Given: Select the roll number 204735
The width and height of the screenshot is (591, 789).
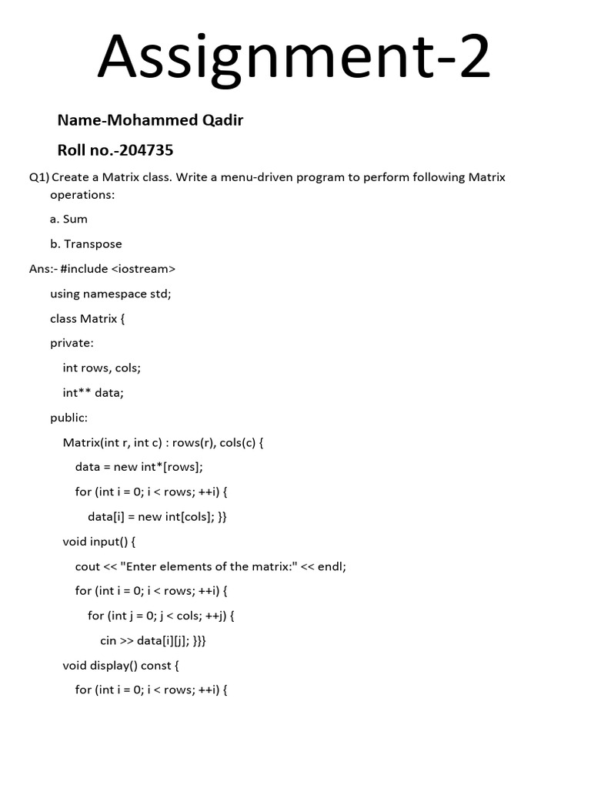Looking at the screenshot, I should [x=146, y=149].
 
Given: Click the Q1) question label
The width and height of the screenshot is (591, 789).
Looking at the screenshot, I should [x=38, y=177].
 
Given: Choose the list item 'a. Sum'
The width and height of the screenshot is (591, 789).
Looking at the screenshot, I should [x=68, y=219].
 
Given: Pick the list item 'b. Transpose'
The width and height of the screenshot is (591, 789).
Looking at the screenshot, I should [x=85, y=244].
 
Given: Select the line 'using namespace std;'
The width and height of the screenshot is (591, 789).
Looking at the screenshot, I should [x=111, y=294].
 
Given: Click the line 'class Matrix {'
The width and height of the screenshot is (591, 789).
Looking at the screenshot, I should [x=87, y=318].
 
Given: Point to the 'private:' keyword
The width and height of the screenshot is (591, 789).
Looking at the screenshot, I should [x=72, y=343].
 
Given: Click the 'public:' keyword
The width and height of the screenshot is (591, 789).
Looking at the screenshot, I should [x=68, y=418].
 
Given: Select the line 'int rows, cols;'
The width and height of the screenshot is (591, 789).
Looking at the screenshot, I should [x=102, y=368].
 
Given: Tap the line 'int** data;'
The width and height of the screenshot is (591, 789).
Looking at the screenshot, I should [x=93, y=393].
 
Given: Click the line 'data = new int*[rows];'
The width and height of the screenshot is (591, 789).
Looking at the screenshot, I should [x=139, y=467].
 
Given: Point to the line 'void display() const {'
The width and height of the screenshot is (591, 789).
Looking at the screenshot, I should [x=120, y=665].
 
